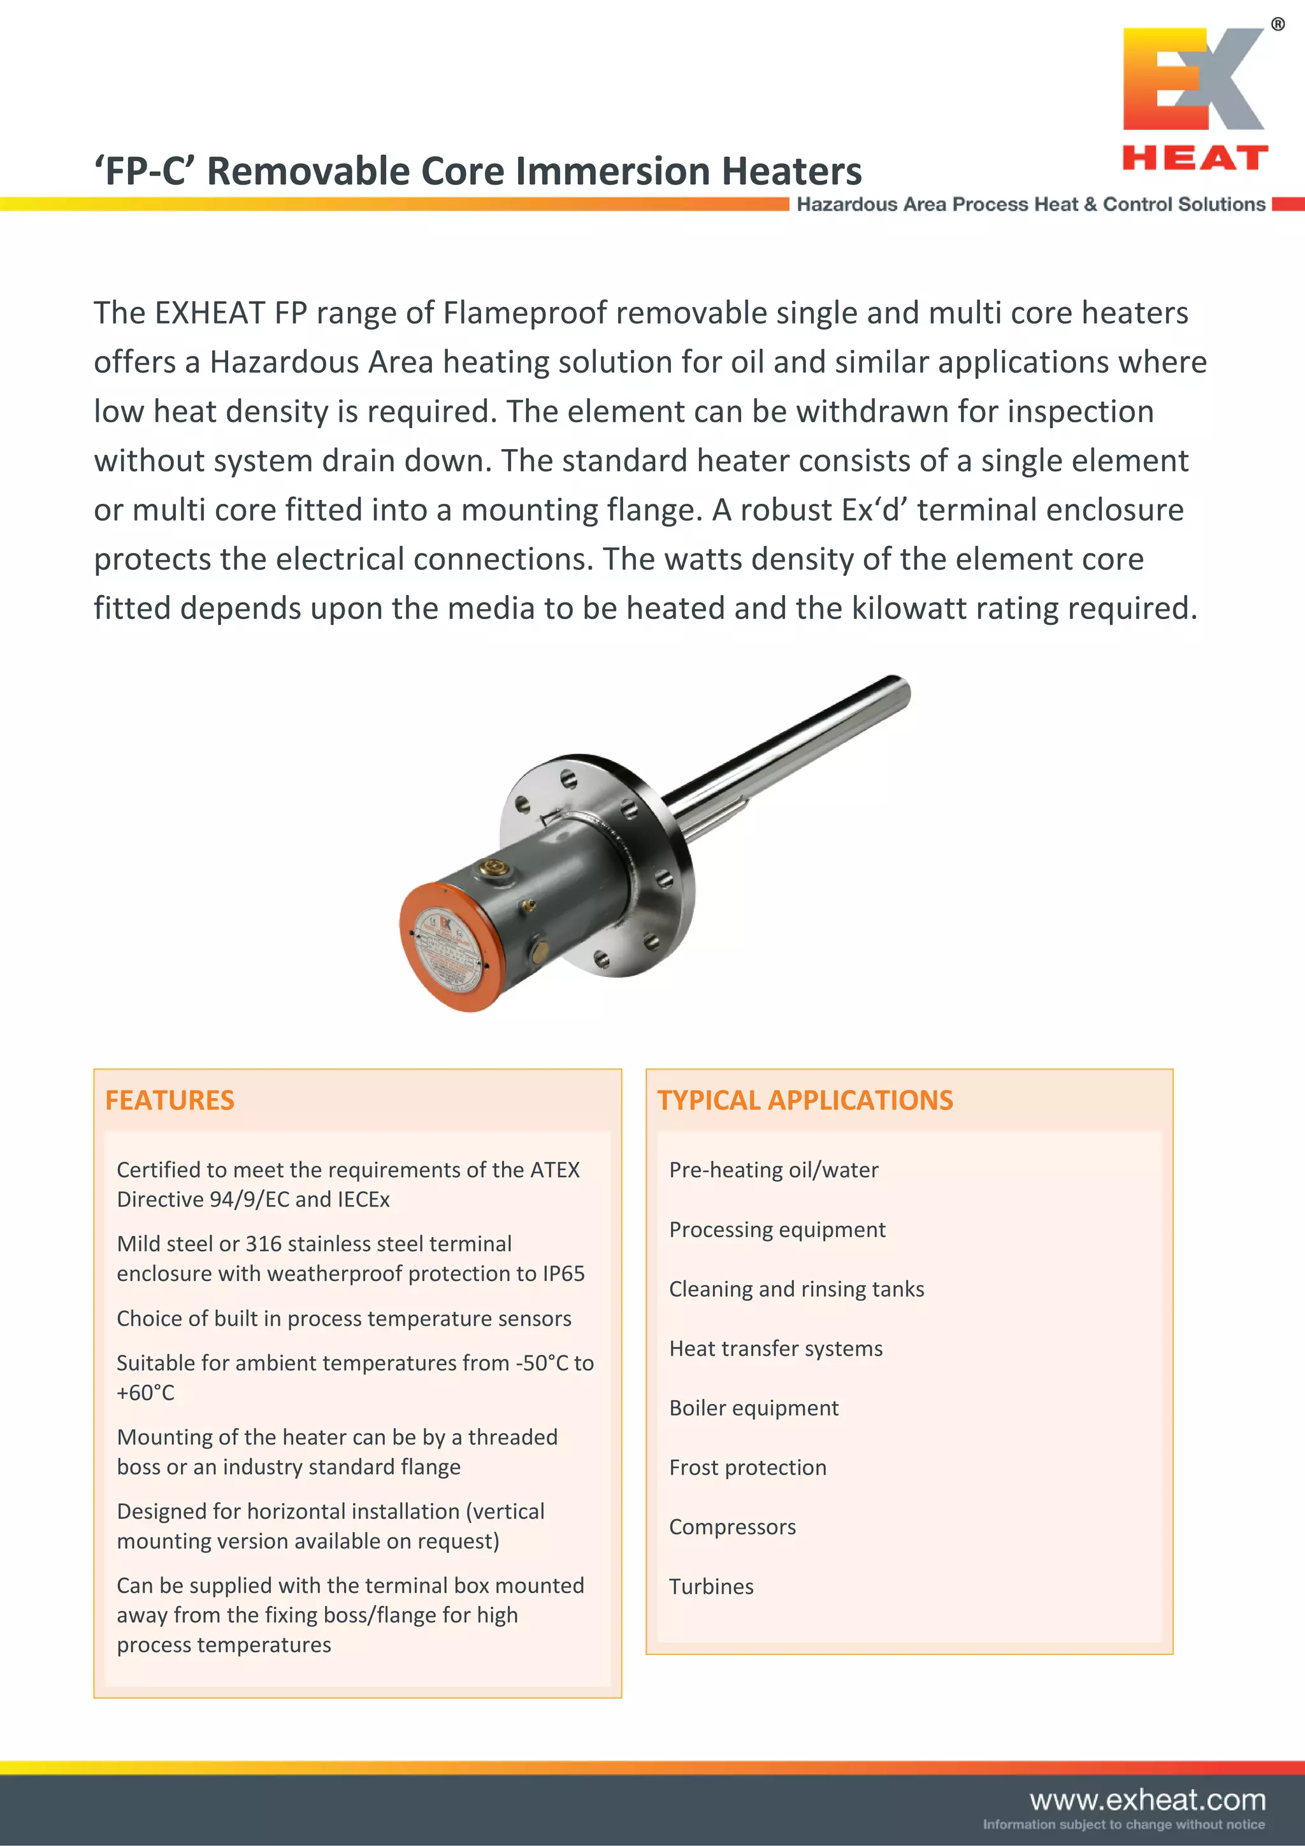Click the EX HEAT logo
pos(1195,99)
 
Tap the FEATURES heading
pos(169,1100)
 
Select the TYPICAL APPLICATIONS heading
pos(805,1100)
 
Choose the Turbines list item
pos(710,1586)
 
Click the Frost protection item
pos(747,1468)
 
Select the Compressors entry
pos(732,1527)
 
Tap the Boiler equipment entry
pos(753,1408)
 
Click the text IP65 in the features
pos(563,1273)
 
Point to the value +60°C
pos(145,1392)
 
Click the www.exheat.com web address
pos(1148,1799)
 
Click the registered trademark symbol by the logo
pos(1278,25)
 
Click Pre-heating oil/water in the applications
pos(774,1170)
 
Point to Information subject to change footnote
pos(1123,1824)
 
